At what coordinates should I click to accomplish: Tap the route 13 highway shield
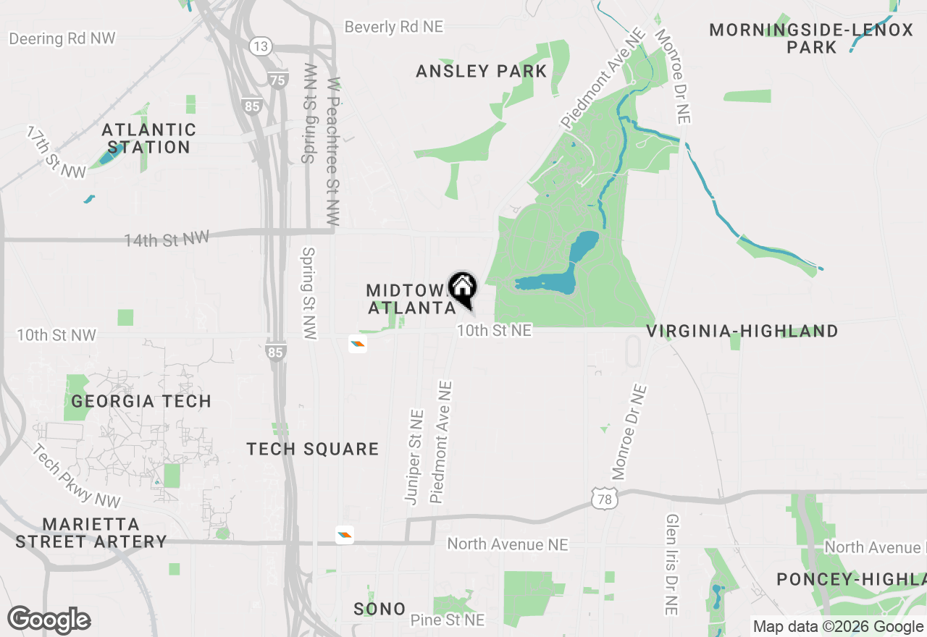tap(261, 47)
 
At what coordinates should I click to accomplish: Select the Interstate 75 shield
tap(278, 80)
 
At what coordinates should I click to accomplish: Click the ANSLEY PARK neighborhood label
tap(481, 71)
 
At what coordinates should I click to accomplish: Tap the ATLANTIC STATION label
tap(148, 138)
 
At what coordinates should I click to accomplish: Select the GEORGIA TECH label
tap(141, 401)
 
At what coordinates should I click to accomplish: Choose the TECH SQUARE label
tap(313, 450)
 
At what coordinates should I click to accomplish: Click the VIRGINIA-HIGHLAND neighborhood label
tap(742, 332)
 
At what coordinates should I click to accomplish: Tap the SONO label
tap(379, 609)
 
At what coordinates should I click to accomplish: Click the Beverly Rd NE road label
tap(393, 27)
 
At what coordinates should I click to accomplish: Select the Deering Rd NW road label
tap(62, 38)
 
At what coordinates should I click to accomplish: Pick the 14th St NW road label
tap(167, 240)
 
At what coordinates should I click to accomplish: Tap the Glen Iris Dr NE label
tap(672, 565)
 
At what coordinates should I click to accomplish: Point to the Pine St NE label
tap(447, 620)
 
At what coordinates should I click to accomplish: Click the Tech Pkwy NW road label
tap(76, 474)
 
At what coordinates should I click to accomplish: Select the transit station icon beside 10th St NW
tap(358, 344)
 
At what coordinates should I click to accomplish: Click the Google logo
tap(49, 620)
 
